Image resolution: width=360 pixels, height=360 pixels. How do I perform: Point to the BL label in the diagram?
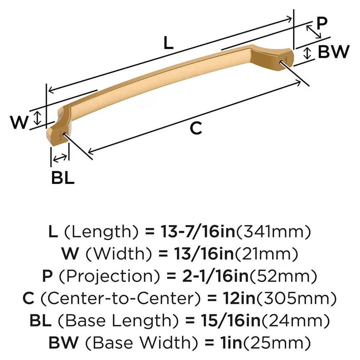pos(63,178)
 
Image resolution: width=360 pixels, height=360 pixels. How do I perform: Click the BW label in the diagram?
pos(334,53)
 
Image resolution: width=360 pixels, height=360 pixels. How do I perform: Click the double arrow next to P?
pos(313,32)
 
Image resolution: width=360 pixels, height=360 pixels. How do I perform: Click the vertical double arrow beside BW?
pos(307,53)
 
